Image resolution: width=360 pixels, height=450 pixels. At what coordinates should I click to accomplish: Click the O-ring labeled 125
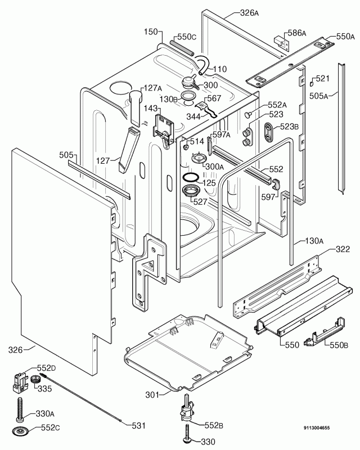pos(191,180)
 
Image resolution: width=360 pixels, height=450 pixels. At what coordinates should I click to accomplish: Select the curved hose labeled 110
pos(200,62)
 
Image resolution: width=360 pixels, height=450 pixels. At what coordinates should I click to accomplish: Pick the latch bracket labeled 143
pos(164,128)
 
